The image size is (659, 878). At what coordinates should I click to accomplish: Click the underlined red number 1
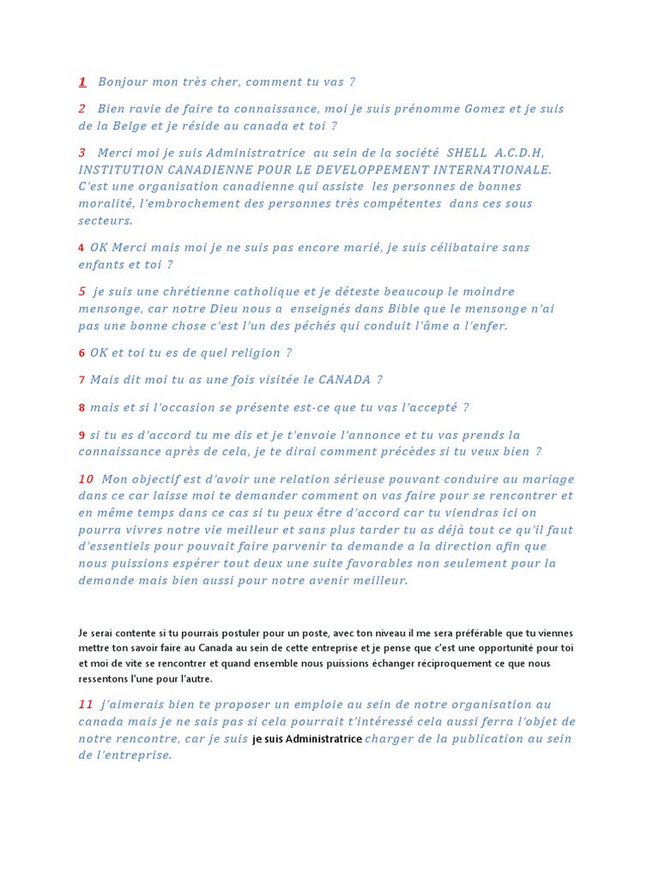click(x=82, y=82)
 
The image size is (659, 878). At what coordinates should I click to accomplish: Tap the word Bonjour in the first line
click(x=123, y=82)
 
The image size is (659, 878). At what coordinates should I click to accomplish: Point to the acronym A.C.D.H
click(x=519, y=153)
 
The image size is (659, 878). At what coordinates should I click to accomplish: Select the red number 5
click(x=82, y=292)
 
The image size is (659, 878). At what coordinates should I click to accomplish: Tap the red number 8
click(x=82, y=408)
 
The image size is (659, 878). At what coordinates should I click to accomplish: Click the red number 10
click(x=86, y=478)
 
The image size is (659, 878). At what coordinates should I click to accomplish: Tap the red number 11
click(x=86, y=704)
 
